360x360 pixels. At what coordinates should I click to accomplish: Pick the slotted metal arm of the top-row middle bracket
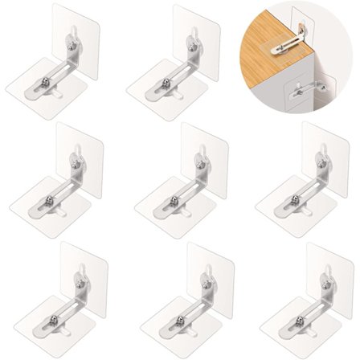172,80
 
